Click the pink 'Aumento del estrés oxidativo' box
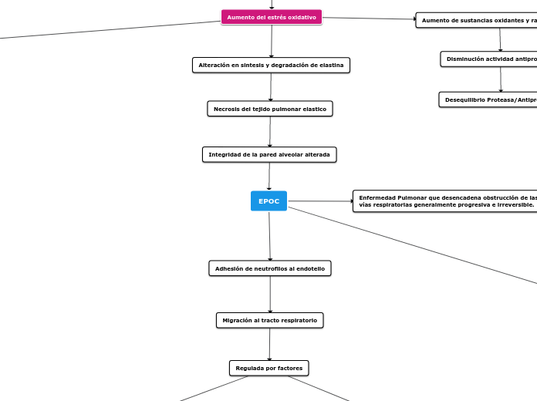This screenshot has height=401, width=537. pyautogui.click(x=272, y=17)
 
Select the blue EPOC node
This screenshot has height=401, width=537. pyautogui.click(x=268, y=201)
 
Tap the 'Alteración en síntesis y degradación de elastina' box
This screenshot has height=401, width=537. pyautogui.click(x=271, y=66)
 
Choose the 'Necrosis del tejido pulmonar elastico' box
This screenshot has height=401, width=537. pyautogui.click(x=270, y=109)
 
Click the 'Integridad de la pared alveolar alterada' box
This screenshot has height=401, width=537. pyautogui.click(x=269, y=155)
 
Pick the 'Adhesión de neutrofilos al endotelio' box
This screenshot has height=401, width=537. pyautogui.click(x=270, y=268)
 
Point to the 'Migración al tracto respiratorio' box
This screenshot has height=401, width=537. pyautogui.click(x=270, y=320)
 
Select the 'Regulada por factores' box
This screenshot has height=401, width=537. pyautogui.click(x=269, y=368)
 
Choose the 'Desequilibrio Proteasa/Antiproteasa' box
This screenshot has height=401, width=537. pyautogui.click(x=488, y=99)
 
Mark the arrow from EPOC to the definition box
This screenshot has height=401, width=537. pyautogui.click(x=319, y=201)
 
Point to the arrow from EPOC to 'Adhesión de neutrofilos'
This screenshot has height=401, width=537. pyautogui.click(x=269, y=235)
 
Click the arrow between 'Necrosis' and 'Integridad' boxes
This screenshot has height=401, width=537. pyautogui.click(x=270, y=132)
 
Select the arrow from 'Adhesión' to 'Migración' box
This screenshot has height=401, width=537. pyautogui.click(x=270, y=294)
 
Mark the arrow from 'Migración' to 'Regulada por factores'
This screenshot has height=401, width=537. pyautogui.click(x=269, y=344)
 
